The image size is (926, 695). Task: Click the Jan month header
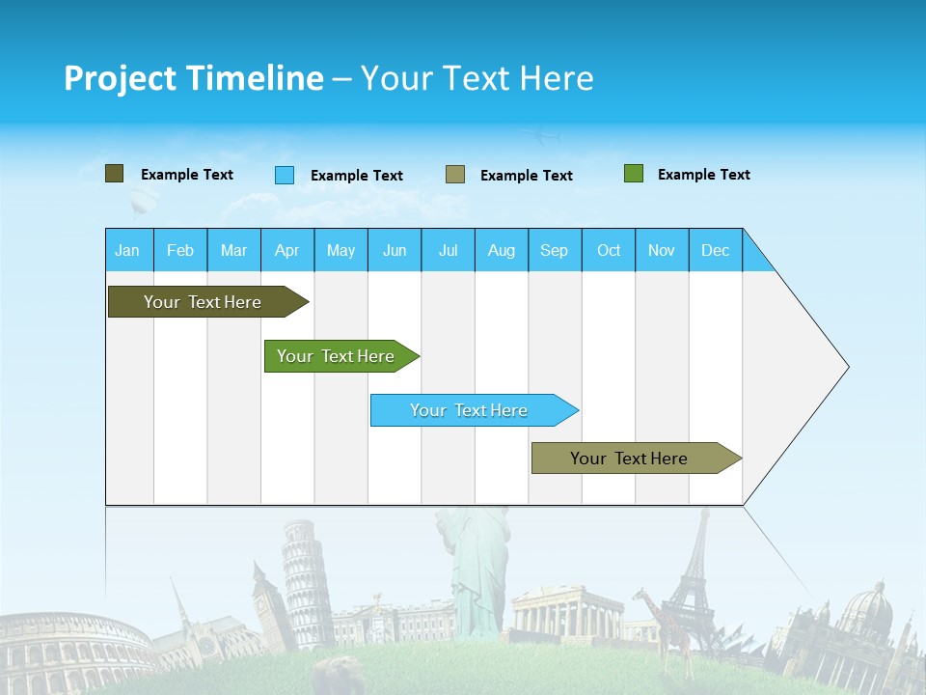(128, 250)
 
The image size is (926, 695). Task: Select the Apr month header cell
(287, 250)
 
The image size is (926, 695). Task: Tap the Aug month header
(502, 250)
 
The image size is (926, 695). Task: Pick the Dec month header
(715, 250)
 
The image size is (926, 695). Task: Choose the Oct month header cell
(609, 250)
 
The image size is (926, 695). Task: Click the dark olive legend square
(114, 174)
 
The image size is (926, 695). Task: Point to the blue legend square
(285, 175)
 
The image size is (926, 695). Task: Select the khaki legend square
(455, 174)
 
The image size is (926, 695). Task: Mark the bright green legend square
(634, 174)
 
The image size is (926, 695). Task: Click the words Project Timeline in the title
(193, 78)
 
